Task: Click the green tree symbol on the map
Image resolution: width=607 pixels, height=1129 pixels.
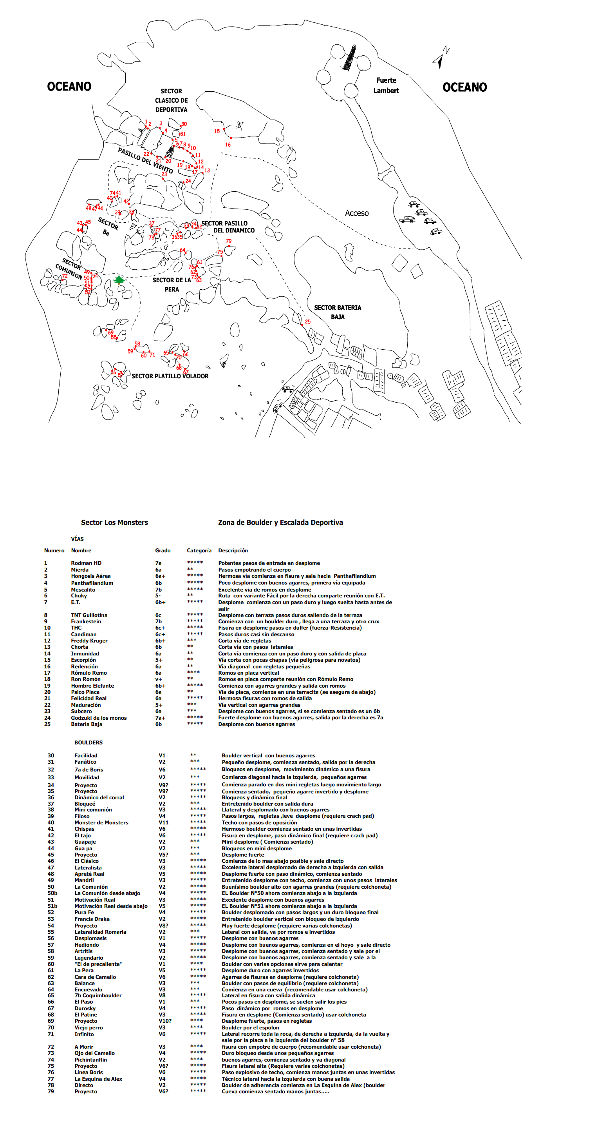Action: pos(119,279)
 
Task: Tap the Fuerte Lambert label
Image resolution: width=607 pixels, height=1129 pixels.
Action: pos(386,85)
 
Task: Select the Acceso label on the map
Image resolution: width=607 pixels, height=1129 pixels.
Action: pos(356,213)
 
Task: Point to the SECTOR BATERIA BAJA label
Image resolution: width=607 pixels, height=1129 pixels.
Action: pos(338,312)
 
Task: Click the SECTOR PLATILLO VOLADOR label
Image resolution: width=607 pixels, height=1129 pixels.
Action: pos(170,376)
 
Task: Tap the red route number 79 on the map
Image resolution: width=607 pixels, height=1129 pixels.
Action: pos(229,241)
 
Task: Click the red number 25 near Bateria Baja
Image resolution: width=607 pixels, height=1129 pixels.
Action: pos(308,322)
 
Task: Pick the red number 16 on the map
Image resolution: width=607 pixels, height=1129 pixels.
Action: pos(228,145)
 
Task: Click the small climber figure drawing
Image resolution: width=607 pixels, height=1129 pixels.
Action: pos(239,125)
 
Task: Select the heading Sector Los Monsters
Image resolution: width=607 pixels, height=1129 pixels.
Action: pos(114,523)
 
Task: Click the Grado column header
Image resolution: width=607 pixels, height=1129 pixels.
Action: pos(163,550)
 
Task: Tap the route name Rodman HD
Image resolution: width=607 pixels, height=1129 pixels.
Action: pos(86,563)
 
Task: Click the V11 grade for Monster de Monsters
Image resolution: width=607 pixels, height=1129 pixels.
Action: pos(163,823)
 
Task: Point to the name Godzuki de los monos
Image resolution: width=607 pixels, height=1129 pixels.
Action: pos(99,718)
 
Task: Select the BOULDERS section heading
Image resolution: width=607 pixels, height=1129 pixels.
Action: pos(89,742)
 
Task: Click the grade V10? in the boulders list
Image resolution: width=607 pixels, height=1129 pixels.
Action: pos(165,1021)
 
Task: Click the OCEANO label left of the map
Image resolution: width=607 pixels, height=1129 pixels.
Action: pos(69,86)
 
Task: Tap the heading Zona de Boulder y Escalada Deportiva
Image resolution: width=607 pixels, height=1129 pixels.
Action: pos(280,523)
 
